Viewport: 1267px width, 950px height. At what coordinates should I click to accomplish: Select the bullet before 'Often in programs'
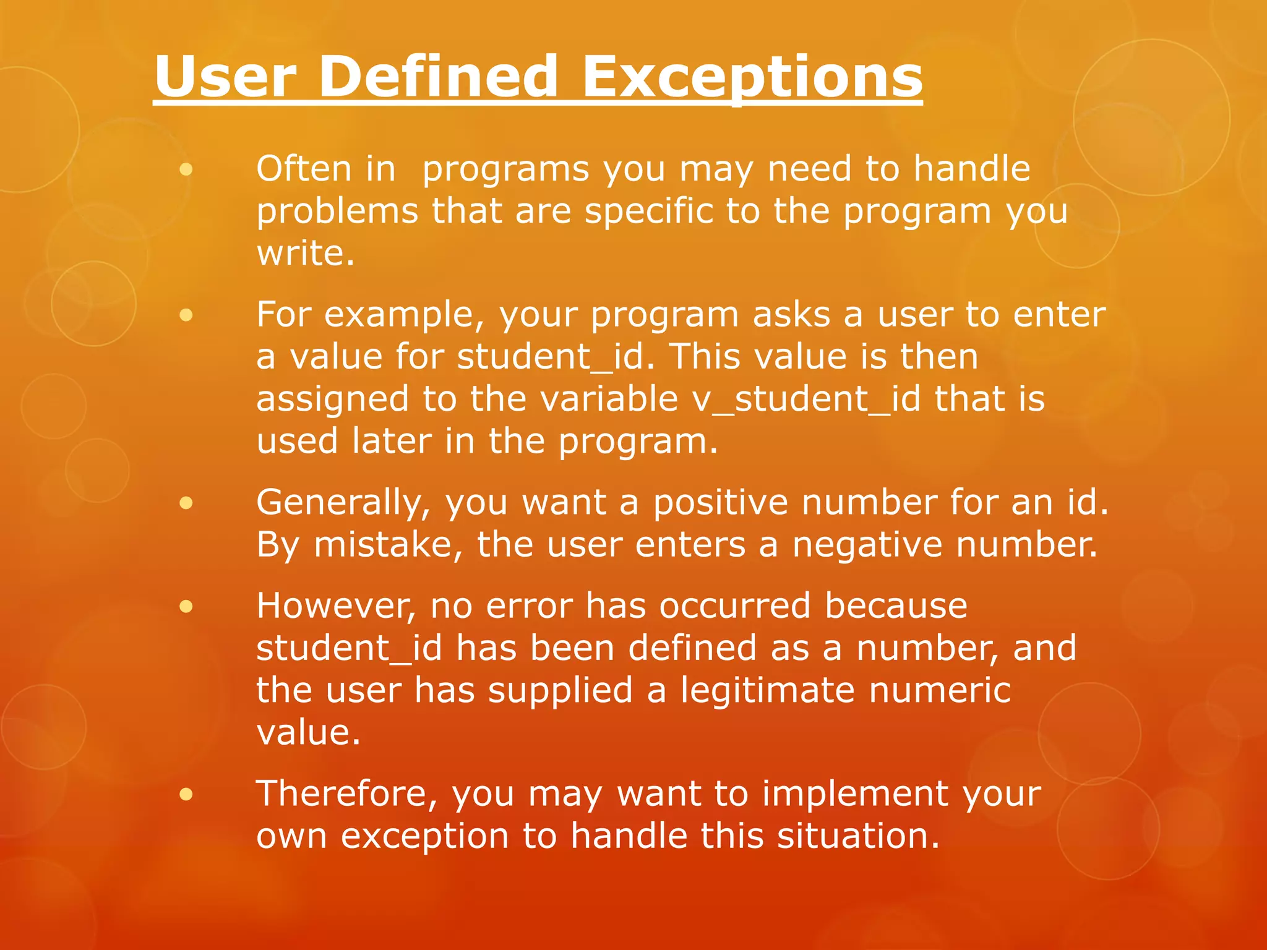pos(186,169)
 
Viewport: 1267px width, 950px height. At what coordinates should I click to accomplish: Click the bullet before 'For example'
pos(186,316)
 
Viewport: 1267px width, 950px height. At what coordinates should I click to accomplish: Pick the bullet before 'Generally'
pos(186,503)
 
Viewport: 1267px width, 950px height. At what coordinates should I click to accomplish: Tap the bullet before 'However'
pos(186,607)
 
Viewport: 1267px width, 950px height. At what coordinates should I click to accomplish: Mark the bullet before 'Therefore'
pos(186,794)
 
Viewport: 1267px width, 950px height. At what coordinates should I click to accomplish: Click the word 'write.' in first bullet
pos(306,254)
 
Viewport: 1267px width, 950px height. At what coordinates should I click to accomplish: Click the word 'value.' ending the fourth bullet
pos(307,734)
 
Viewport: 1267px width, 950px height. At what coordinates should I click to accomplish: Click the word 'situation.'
pos(858,836)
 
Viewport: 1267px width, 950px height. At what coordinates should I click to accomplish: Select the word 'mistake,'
pos(388,546)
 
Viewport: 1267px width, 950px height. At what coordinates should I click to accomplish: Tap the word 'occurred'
pos(734,606)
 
